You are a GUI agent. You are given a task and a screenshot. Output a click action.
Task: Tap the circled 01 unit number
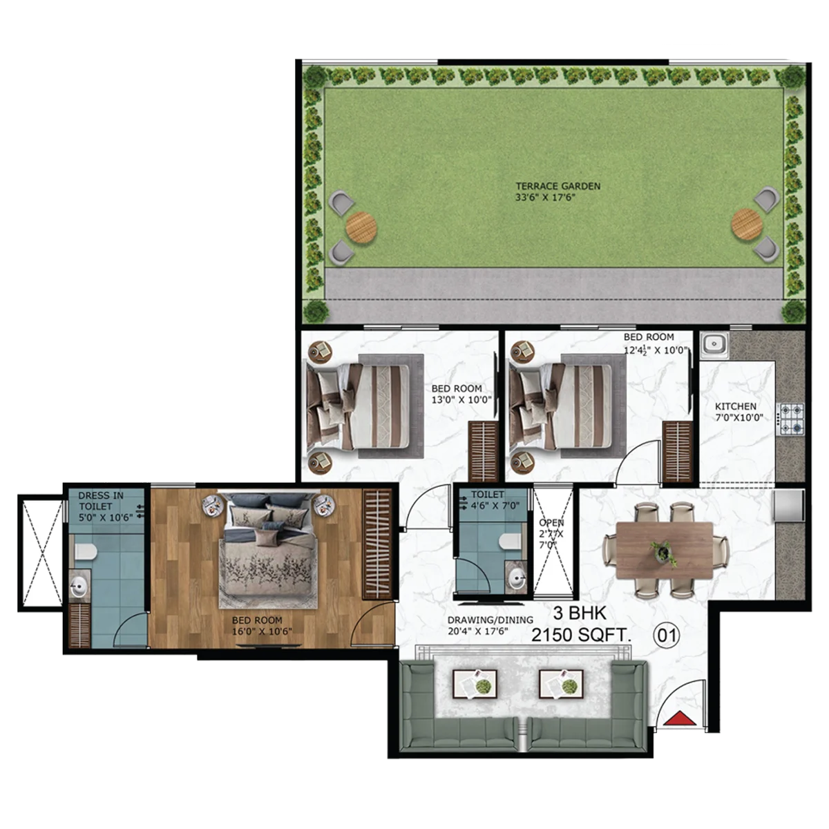tap(667, 635)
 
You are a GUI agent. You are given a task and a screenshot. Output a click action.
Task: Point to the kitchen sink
tap(714, 345)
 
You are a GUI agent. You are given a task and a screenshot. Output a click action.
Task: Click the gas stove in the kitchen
tap(790, 418)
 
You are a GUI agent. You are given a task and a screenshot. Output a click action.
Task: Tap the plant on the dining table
tap(664, 553)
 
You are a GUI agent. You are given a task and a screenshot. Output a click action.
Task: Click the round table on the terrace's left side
tap(361, 227)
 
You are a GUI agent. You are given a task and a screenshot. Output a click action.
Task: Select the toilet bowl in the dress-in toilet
tap(85, 552)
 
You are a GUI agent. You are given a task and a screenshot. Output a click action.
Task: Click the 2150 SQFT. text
tap(581, 635)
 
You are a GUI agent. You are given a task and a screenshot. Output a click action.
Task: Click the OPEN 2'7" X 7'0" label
tap(551, 533)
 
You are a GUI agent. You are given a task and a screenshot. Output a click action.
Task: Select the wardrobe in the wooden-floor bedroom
tap(377, 544)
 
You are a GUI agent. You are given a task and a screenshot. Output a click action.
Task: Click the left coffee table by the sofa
tap(475, 685)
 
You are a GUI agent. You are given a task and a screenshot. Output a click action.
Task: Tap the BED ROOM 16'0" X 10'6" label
tap(262, 626)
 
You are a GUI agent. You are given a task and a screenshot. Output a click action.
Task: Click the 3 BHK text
tap(580, 613)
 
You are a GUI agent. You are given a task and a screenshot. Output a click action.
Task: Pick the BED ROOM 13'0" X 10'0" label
tap(461, 394)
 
